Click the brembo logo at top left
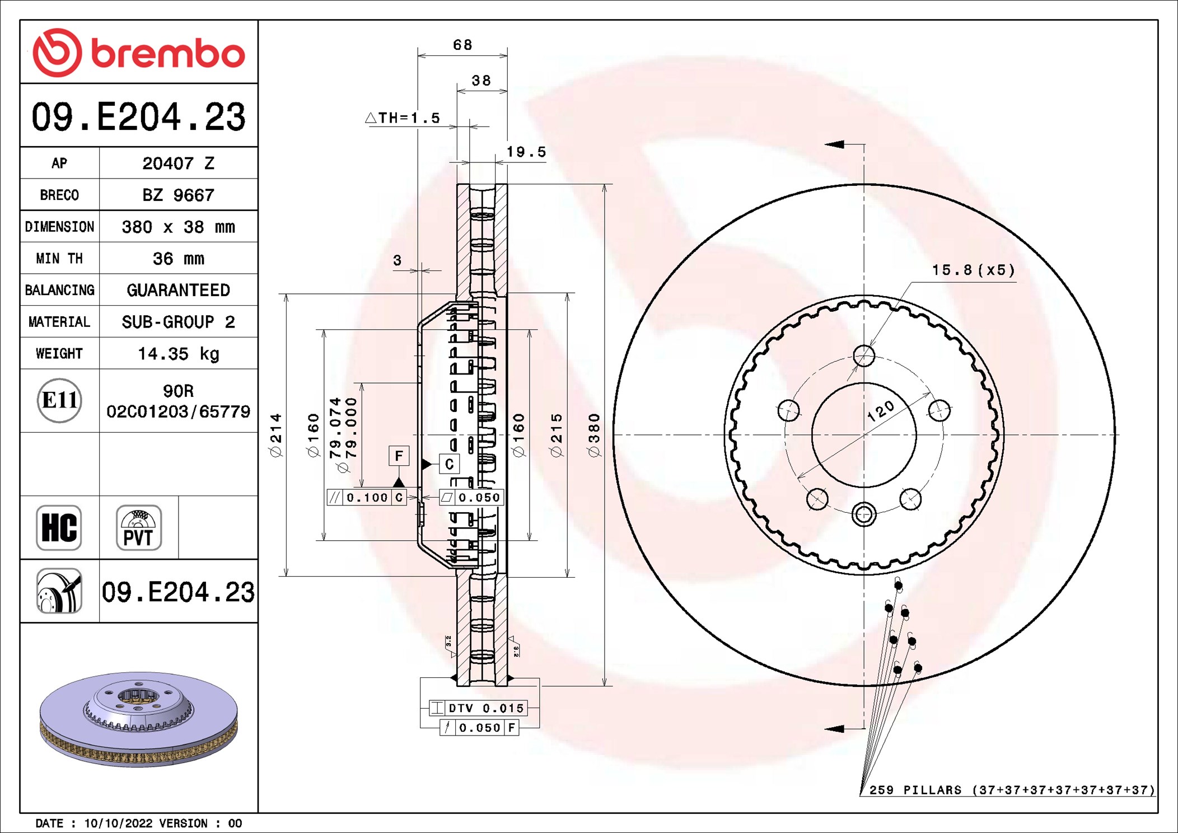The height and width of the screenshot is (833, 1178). [138, 53]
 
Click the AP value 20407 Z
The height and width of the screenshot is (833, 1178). [178, 163]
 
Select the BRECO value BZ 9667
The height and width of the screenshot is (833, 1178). [178, 195]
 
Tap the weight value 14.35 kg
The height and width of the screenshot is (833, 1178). [178, 354]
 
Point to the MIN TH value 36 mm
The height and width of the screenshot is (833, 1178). [178, 259]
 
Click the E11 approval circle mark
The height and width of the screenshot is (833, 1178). [59, 400]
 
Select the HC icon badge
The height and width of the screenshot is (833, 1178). [59, 528]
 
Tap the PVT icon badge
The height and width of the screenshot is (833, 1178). [139, 528]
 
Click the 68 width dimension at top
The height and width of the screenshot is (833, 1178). [462, 45]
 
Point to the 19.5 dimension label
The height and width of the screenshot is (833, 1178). [526, 152]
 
